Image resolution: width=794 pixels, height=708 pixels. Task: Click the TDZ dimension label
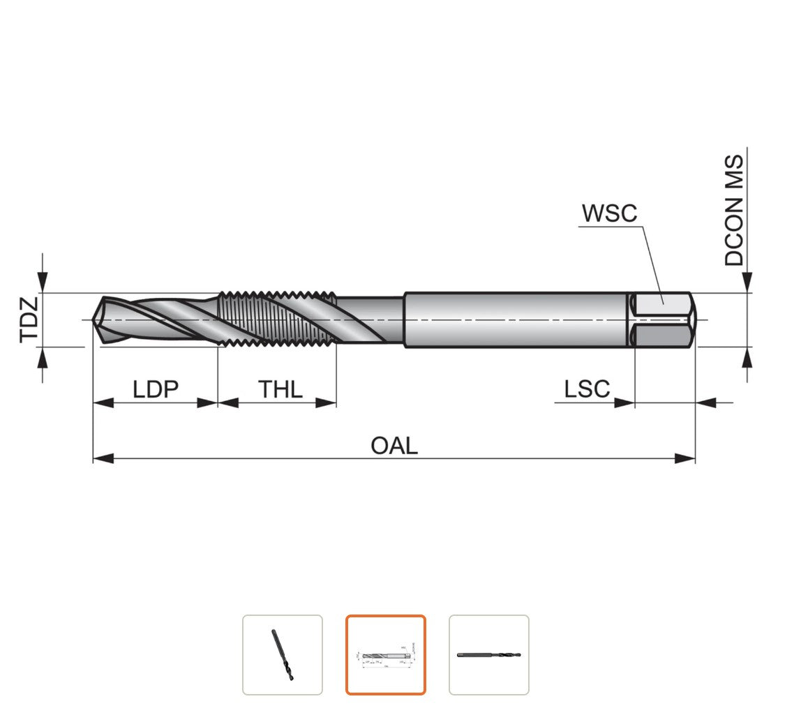[x=29, y=320]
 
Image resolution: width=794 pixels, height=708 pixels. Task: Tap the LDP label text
[x=156, y=389]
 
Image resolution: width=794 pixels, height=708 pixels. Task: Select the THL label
[x=280, y=389]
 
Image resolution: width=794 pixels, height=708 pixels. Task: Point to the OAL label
[x=394, y=446]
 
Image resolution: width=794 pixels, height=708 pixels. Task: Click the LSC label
[x=587, y=389]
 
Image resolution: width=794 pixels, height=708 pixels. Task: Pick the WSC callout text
[x=609, y=213]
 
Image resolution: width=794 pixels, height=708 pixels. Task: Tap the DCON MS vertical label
[x=734, y=210]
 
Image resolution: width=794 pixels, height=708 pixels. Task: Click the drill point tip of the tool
[x=94, y=319]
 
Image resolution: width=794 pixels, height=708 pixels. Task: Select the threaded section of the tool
[x=277, y=319]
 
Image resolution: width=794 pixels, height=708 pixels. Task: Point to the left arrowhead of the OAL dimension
[x=103, y=458]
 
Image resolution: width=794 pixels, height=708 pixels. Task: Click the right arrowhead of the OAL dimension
[x=685, y=458]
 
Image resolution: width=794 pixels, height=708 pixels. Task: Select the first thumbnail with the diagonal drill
[x=283, y=655]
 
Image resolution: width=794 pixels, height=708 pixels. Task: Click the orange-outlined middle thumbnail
[x=386, y=655]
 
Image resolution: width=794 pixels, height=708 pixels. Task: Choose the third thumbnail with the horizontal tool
[x=489, y=655]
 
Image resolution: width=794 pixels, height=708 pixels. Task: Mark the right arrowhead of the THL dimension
[x=326, y=403]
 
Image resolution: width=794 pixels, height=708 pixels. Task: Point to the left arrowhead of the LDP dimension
[x=103, y=403]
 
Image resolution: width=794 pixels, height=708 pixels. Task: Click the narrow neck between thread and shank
[x=370, y=320]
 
